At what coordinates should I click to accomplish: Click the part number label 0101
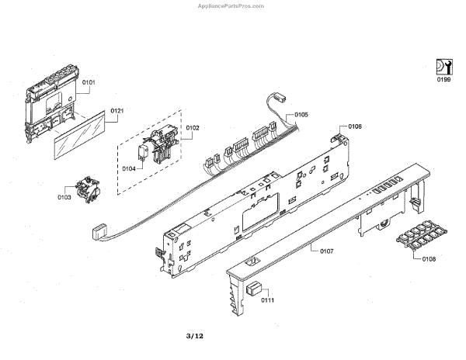point(89,81)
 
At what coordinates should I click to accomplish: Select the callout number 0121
point(116,111)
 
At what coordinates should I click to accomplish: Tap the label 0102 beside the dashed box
point(193,126)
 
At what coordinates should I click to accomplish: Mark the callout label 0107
point(326,251)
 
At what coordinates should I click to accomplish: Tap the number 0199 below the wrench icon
point(443,78)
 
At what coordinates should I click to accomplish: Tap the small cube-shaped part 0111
point(253,289)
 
